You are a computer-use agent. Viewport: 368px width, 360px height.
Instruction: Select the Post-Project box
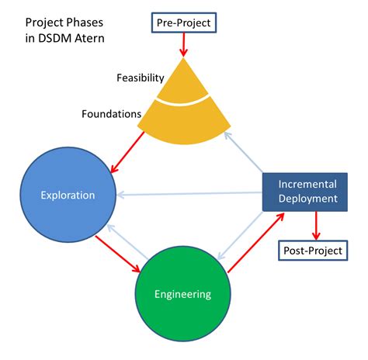tap(310, 251)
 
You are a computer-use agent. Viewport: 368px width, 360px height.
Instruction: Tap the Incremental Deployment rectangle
tap(308, 192)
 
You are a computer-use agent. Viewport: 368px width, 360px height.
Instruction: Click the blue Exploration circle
tap(68, 195)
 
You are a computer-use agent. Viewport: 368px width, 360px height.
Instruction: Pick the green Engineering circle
tap(182, 294)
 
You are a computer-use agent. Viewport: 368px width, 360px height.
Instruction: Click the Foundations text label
tap(111, 114)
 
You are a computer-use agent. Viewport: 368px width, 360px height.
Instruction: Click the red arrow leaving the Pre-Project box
tap(183, 45)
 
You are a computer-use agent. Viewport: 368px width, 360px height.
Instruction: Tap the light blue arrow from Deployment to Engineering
tap(241, 236)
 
